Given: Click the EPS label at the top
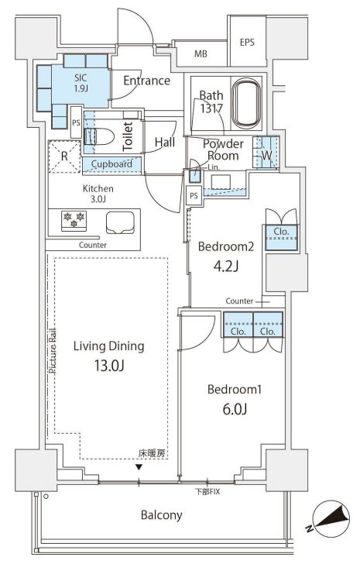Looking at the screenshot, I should (x=247, y=43).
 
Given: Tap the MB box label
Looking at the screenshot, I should (x=201, y=54).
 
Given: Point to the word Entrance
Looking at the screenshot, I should (x=146, y=81).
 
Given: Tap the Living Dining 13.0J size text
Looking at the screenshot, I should (x=109, y=365).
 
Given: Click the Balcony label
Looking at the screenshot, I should (x=161, y=514).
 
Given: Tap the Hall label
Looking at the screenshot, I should (x=164, y=142).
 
